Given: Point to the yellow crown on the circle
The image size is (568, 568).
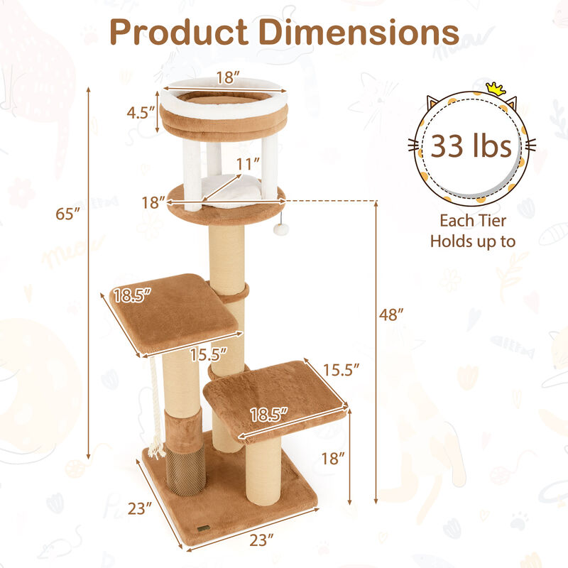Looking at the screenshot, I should (495, 89).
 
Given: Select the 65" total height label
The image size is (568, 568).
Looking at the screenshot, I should (69, 213).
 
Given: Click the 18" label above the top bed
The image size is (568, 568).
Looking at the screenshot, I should (226, 78).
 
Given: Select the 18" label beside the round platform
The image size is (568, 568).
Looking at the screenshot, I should (153, 202).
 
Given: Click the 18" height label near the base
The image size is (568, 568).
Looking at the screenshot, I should (331, 459).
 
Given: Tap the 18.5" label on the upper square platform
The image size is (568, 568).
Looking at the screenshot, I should (133, 295).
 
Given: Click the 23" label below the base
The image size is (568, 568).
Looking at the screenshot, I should (262, 540).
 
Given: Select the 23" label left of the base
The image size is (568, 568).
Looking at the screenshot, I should (141, 508).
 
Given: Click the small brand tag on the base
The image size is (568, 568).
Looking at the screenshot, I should (203, 529).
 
